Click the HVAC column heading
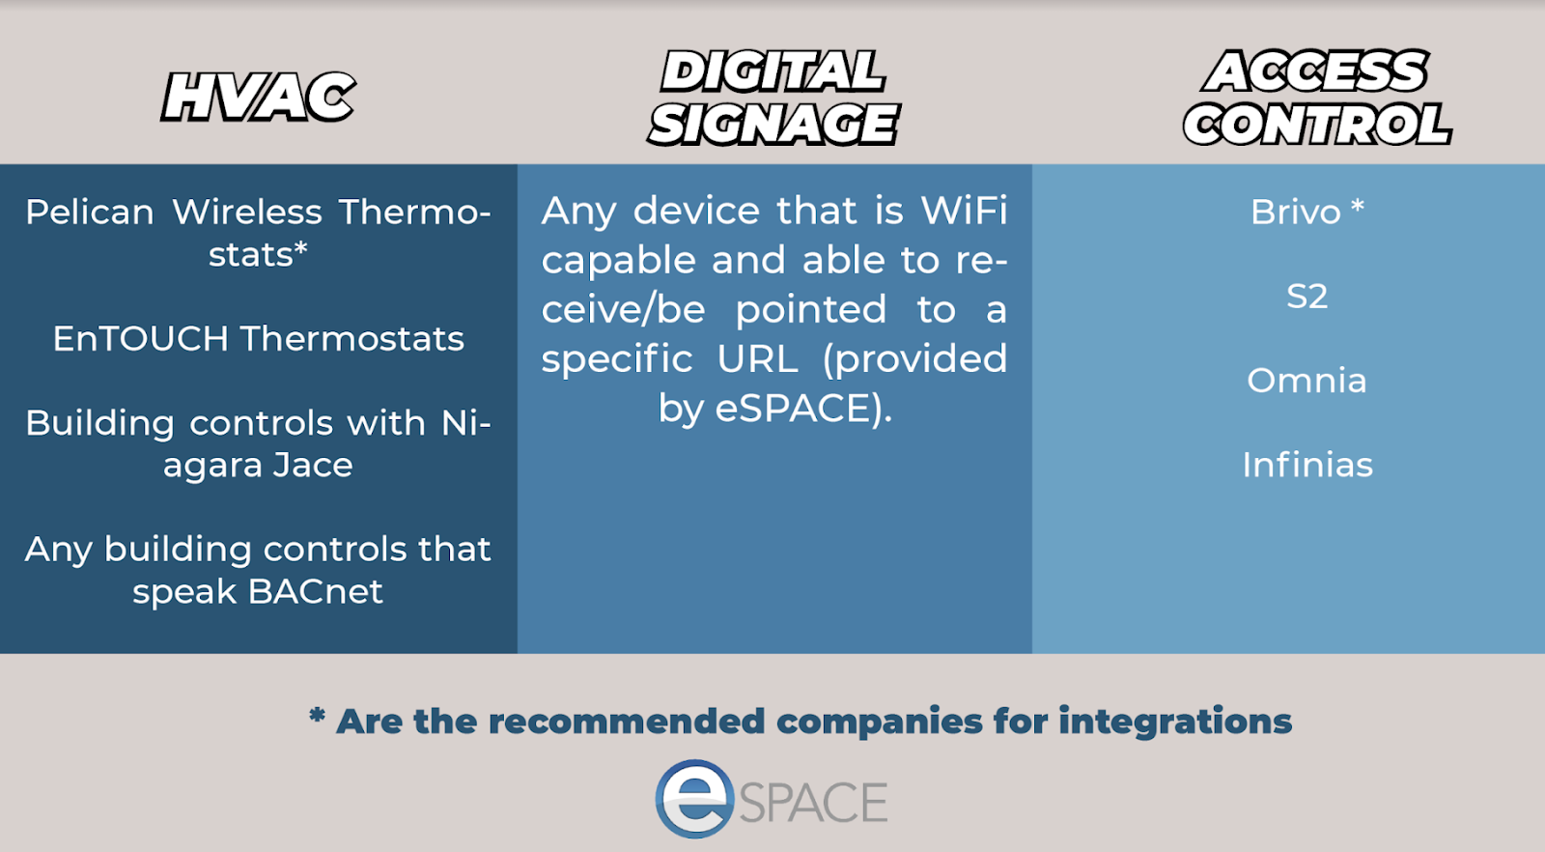pos(258,98)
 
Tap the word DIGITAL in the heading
pos(772,71)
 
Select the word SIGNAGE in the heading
pos(773,125)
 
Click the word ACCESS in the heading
pos(1315,71)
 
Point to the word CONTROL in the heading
pos(1317,125)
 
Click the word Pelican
pos(90,212)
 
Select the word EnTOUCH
pos(141,339)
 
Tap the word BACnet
pos(315,591)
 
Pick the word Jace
pos(313,465)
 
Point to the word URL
pos(757,358)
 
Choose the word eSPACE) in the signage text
pos(803,409)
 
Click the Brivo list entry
pos(1296,212)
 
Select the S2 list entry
pos(1307,297)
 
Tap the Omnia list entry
pos(1307,381)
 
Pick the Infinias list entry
pos(1307,465)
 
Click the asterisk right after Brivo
pos(1358,207)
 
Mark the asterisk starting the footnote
pos(317,716)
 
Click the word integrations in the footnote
pos(1175,722)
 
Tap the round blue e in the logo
pos(694,799)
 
